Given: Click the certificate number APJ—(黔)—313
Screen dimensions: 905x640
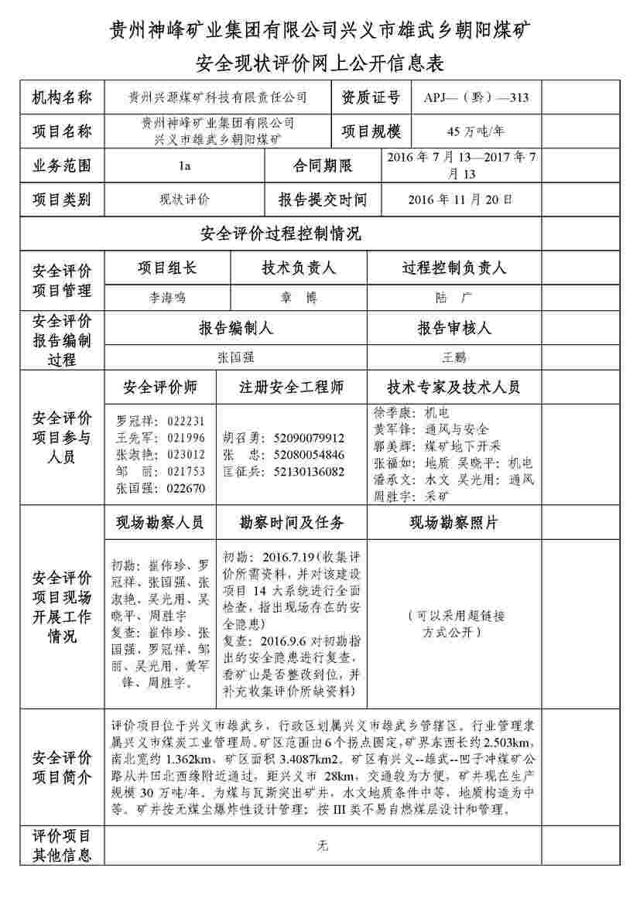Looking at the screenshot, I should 477,98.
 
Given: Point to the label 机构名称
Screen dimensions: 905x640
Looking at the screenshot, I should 62,98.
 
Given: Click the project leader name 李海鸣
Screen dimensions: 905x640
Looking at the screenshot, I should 167,297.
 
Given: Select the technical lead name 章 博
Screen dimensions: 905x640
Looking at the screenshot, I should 298,297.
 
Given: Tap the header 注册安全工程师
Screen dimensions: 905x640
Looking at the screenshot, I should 291,387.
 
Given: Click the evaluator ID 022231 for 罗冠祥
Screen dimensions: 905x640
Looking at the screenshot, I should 186,422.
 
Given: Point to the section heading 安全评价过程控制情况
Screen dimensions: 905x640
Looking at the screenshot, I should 280,234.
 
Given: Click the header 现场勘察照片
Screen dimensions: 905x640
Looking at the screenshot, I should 453,523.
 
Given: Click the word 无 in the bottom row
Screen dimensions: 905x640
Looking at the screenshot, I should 323,845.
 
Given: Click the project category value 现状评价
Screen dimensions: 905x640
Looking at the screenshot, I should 184,200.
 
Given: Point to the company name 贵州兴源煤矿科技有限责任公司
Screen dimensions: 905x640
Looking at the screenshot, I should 217,98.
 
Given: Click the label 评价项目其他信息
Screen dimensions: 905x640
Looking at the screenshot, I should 62,845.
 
